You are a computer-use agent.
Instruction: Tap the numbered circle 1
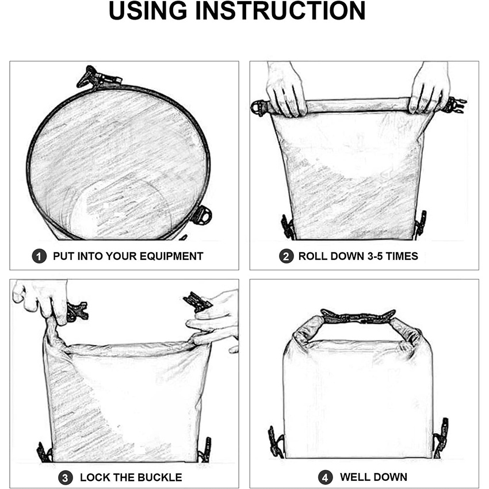pos(39,256)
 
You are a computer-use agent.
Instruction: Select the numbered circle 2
pos(286,256)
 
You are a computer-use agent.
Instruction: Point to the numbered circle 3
pos(65,477)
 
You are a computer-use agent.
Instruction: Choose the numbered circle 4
pos(325,477)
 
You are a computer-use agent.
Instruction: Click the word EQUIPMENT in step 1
pos(171,257)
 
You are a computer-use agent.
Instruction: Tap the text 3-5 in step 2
pos(375,257)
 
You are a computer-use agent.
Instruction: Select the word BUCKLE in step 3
pos(160,477)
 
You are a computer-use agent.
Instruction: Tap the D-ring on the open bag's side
pos(201,215)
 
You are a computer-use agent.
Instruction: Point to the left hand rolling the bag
pos(285,89)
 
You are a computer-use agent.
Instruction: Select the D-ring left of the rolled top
pos(259,108)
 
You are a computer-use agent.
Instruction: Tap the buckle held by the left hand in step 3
pos(77,311)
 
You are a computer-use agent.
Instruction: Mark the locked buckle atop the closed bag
pos(358,316)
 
